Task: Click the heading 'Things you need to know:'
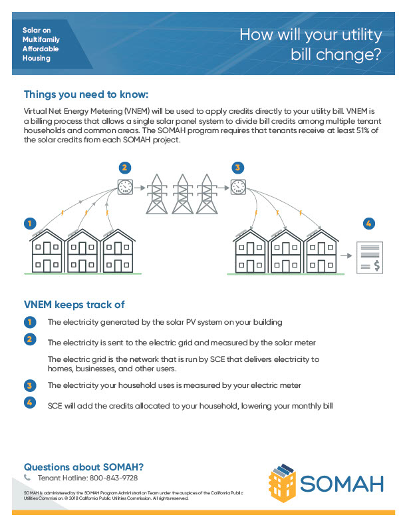click(x=86, y=94)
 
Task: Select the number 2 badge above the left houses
click(x=124, y=167)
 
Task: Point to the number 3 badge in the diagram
click(x=238, y=167)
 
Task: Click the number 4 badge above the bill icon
click(x=369, y=223)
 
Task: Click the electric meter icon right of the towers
click(x=238, y=186)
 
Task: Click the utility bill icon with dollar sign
click(x=370, y=256)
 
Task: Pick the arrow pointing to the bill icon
click(x=348, y=255)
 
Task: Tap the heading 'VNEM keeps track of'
click(x=74, y=305)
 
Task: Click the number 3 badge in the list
click(x=29, y=385)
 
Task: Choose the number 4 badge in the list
click(x=29, y=403)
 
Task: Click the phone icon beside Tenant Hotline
click(x=28, y=478)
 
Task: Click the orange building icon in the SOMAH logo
click(x=285, y=480)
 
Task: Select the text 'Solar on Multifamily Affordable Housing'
click(x=41, y=45)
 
